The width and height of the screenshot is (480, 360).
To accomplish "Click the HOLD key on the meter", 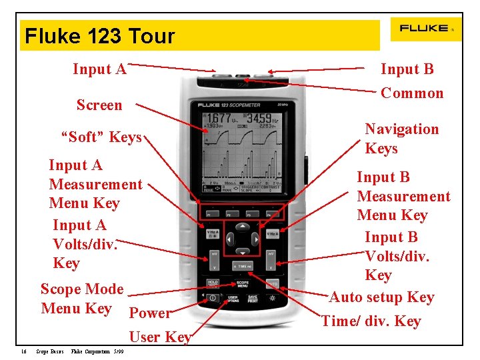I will coord(212,283).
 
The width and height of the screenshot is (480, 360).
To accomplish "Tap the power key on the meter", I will coord(212,298).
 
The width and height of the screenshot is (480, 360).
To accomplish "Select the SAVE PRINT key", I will coord(252,298).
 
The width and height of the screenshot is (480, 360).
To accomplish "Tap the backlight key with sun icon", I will coord(271,298).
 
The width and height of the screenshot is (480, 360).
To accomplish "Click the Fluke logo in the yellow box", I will coord(425,29).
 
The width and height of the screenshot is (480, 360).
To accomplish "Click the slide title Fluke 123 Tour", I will coord(100,36).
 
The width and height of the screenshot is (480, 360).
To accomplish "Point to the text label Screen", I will coord(99,105).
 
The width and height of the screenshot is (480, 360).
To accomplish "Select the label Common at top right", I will coord(411,93).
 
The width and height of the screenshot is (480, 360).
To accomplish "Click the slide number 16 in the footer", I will coord(23,351).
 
